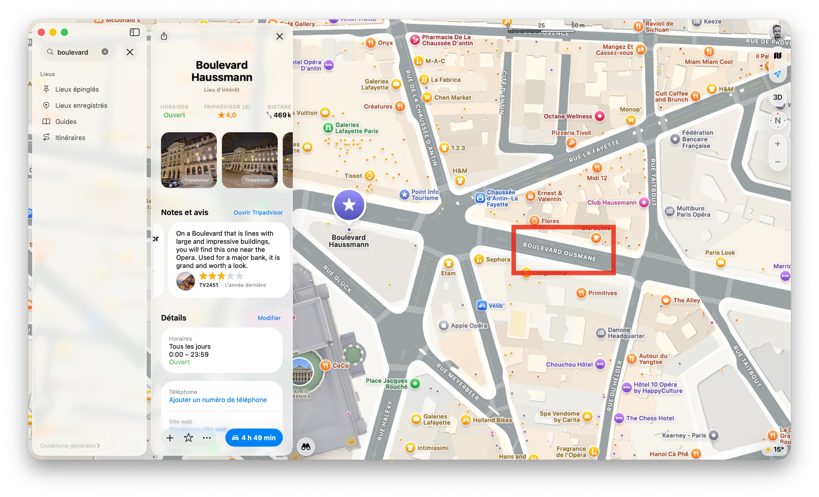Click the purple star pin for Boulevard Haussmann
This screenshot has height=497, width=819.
coord(349,205)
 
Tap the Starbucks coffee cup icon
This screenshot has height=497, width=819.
coord(596,238)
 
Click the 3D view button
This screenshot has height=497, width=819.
coord(777,97)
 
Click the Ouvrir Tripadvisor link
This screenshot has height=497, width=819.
coord(258,212)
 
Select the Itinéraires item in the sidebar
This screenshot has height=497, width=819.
coord(70,138)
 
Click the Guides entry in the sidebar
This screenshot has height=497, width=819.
coord(66,122)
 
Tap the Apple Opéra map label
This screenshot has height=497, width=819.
coord(468,326)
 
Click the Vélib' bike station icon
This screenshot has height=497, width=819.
coord(482,306)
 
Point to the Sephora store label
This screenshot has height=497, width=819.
coord(498,259)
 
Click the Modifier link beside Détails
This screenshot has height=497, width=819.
coord(269,318)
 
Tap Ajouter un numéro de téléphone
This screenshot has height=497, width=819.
coord(218,400)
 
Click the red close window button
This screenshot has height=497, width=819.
coord(41,32)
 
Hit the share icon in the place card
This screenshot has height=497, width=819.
coord(164,36)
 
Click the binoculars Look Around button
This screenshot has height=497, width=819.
coord(305,447)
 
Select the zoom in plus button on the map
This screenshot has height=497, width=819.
coord(777,144)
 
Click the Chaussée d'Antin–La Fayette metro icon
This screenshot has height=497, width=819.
coord(480,198)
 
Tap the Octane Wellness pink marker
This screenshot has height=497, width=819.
coord(599,116)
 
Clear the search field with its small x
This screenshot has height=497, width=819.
coord(105,52)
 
